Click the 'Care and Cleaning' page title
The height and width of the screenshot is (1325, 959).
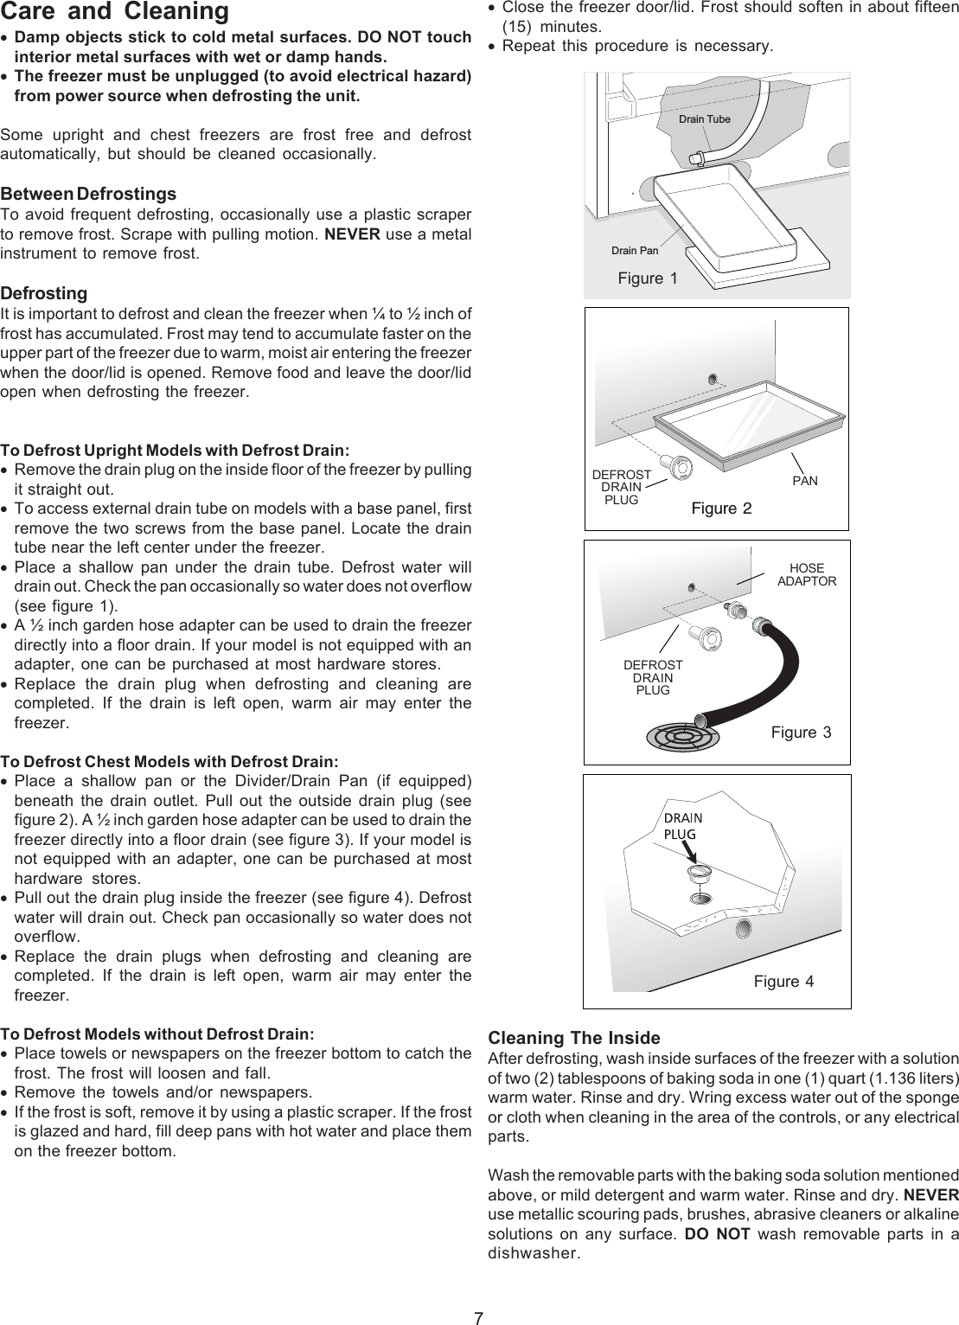pyautogui.click(x=114, y=12)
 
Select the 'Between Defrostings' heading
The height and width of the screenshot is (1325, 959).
pyautogui.click(x=88, y=193)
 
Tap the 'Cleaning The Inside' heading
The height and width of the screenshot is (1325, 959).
pyautogui.click(x=574, y=1038)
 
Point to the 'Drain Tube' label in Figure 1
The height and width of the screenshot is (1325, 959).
pyautogui.click(x=704, y=118)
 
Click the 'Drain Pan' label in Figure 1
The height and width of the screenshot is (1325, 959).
pyautogui.click(x=635, y=251)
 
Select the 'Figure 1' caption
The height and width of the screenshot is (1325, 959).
pyautogui.click(x=648, y=278)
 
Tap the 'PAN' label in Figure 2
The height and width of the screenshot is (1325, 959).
pyautogui.click(x=804, y=480)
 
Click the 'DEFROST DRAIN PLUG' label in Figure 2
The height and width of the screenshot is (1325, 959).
pyautogui.click(x=621, y=487)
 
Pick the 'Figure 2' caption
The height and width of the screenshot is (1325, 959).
pyautogui.click(x=721, y=508)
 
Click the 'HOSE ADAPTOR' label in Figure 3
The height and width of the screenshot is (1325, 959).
pyautogui.click(x=807, y=575)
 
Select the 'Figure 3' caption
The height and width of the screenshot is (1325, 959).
pyautogui.click(x=801, y=733)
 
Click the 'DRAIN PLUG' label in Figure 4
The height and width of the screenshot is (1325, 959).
pyautogui.click(x=681, y=825)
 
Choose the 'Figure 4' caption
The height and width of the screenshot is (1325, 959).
pyautogui.click(x=783, y=981)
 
